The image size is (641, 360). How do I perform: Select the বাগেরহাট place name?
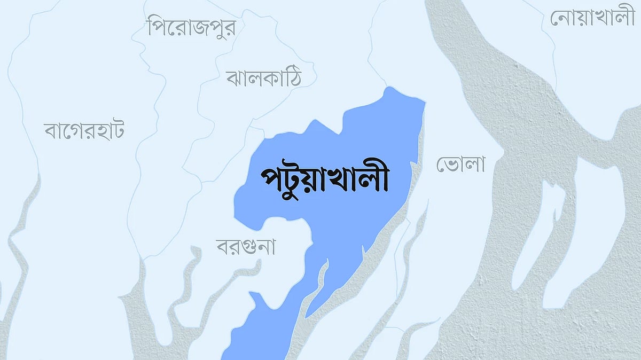tap(84, 130)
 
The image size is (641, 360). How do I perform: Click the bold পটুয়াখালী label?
tap(324, 179)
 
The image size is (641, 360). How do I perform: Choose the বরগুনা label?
tap(245, 247)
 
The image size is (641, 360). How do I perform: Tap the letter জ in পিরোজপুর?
tap(198, 28)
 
